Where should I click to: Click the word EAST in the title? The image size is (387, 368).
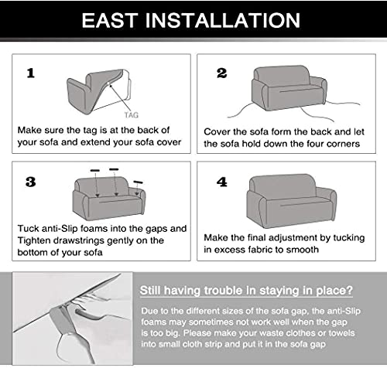pyautogui.click(x=110, y=20)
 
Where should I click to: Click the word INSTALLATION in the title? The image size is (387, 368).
pyautogui.click(x=223, y=20)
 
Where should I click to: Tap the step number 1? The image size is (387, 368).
pyautogui.click(x=31, y=73)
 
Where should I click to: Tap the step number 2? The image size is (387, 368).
pyautogui.click(x=221, y=73)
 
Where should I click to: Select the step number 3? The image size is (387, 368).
pyautogui.click(x=30, y=182)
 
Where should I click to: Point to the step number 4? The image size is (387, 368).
pyautogui.click(x=222, y=182)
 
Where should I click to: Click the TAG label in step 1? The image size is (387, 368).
pyautogui.click(x=132, y=115)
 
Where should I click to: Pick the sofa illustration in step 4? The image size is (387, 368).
pyautogui.click(x=292, y=201)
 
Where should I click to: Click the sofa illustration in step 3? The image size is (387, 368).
pyautogui.click(x=109, y=198)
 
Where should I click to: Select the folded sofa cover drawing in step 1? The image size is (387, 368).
pyautogui.click(x=99, y=91)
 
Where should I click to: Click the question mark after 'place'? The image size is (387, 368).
pyautogui.click(x=349, y=290)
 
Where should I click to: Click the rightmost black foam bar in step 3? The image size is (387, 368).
pyautogui.click(x=139, y=182)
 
